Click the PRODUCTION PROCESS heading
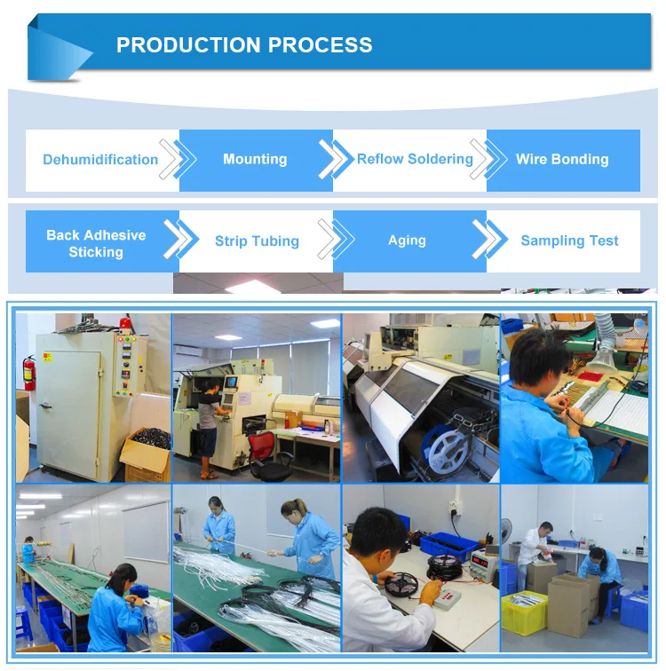click(x=244, y=45)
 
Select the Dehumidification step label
click(x=100, y=160)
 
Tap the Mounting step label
click(x=255, y=160)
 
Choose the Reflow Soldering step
click(x=415, y=159)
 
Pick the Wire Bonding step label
click(x=562, y=160)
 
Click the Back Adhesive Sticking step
click(x=96, y=243)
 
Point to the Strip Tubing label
click(x=257, y=241)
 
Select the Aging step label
click(x=407, y=241)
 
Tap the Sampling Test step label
click(x=569, y=241)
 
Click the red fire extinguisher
click(x=28, y=372)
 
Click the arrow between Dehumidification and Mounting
click(x=174, y=160)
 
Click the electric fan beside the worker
click(x=505, y=533)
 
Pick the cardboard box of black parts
click(x=147, y=453)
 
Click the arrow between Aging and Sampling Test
click(x=487, y=241)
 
